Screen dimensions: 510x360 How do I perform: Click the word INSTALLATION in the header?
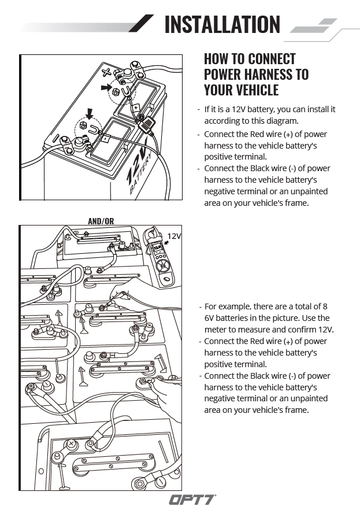click(222, 24)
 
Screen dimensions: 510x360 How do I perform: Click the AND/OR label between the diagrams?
click(101, 221)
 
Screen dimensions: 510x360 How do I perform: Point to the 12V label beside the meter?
click(174, 236)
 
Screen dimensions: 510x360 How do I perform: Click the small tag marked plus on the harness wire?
click(136, 108)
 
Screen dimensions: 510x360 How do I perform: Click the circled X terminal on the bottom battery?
click(71, 444)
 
